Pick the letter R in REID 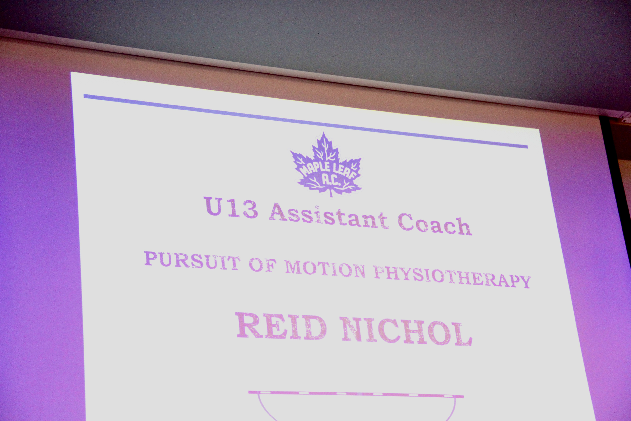click(249, 325)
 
